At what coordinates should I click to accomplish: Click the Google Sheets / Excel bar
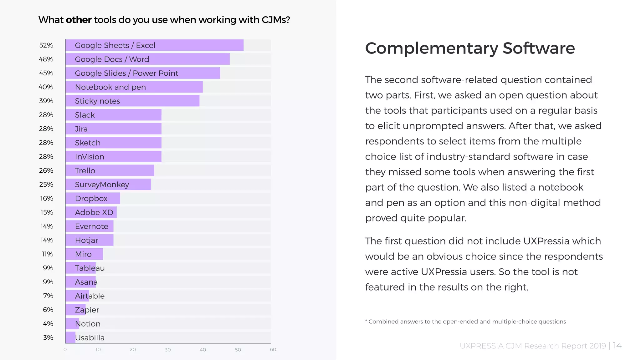[x=154, y=45]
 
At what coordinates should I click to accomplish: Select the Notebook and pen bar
[x=134, y=87]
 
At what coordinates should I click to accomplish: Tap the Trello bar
[x=110, y=170]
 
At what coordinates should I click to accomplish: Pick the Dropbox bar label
[x=91, y=198]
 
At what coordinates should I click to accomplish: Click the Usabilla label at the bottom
[x=90, y=337]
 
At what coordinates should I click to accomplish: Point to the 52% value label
[x=46, y=45]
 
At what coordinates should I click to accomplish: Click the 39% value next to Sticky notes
[x=46, y=101]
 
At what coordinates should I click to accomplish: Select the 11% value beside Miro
[x=47, y=254]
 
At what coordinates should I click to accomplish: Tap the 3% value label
[x=48, y=337]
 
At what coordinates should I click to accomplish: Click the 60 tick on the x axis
[x=273, y=349]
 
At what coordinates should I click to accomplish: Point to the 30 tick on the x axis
[x=168, y=349]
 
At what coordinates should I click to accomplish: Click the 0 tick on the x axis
[x=65, y=349]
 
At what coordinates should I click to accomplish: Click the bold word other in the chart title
[x=79, y=20]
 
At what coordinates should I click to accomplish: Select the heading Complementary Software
[x=470, y=48]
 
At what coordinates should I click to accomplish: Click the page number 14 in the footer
[x=617, y=346]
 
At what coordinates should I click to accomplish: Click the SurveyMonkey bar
[x=108, y=185]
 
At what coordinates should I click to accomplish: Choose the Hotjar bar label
[x=86, y=240]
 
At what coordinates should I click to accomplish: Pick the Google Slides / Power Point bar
[x=142, y=73]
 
